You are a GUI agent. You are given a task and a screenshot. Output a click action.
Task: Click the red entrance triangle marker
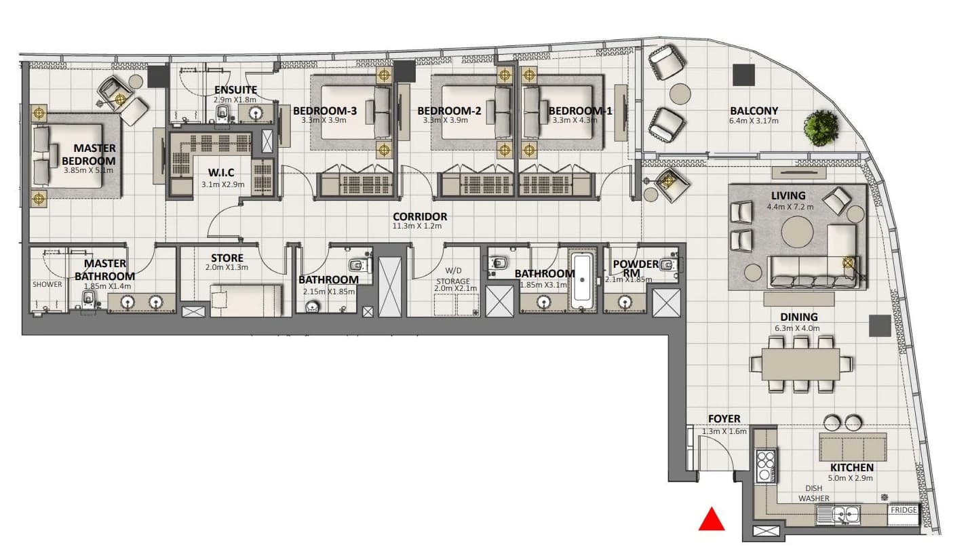point(711,519)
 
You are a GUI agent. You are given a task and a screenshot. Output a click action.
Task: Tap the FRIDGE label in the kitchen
point(904,510)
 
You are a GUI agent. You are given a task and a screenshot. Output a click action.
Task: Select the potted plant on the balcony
point(821,127)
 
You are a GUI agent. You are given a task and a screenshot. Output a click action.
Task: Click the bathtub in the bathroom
point(582,281)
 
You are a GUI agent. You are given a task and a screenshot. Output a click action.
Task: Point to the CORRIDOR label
point(420,216)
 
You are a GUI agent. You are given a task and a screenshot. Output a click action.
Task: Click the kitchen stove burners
point(765,466)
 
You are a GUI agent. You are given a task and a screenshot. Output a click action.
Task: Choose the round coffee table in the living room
point(797,232)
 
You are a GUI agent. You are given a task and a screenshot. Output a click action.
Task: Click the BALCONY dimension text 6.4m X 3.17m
point(754,121)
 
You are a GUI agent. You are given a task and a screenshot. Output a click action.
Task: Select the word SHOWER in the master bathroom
point(47,284)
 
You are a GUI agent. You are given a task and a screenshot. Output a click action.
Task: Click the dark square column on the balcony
point(743,75)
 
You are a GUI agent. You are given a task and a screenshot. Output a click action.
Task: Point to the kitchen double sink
point(838,514)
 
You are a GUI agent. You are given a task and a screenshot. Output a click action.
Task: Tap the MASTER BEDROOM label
point(89,155)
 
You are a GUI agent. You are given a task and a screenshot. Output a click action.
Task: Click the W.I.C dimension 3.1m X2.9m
point(222,184)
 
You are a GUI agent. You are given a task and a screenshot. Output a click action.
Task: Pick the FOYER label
point(724,418)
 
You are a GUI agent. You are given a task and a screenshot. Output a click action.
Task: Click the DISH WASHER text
point(814,493)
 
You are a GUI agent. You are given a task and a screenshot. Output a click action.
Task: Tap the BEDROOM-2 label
point(449,111)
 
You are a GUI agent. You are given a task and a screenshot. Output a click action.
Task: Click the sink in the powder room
point(624,302)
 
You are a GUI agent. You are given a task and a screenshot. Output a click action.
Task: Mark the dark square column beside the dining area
point(880,326)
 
